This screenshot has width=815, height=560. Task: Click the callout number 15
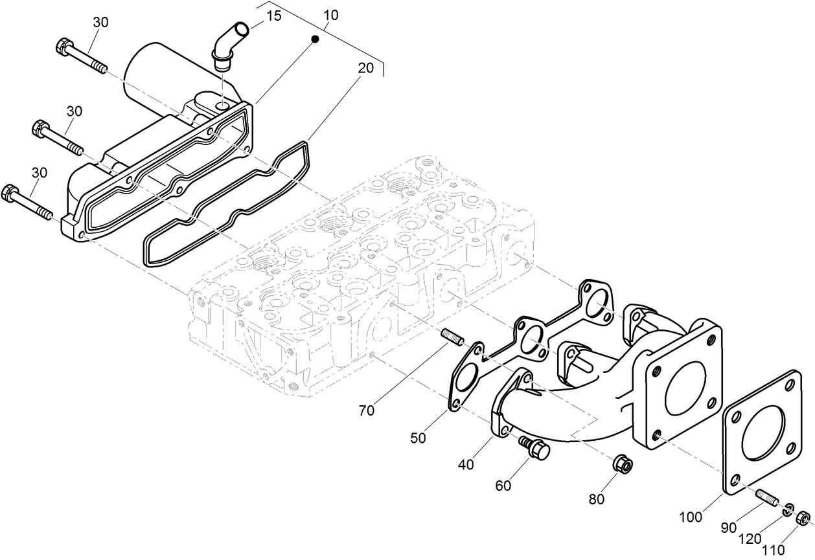click(x=274, y=16)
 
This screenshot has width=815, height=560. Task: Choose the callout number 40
click(x=465, y=464)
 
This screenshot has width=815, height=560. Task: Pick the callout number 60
click(x=503, y=486)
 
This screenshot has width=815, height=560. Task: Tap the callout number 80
click(x=596, y=499)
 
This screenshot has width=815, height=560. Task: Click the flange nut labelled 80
click(x=623, y=463)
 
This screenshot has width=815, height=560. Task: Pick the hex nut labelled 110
click(x=802, y=517)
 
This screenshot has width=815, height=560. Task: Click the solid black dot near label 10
click(x=315, y=39)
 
